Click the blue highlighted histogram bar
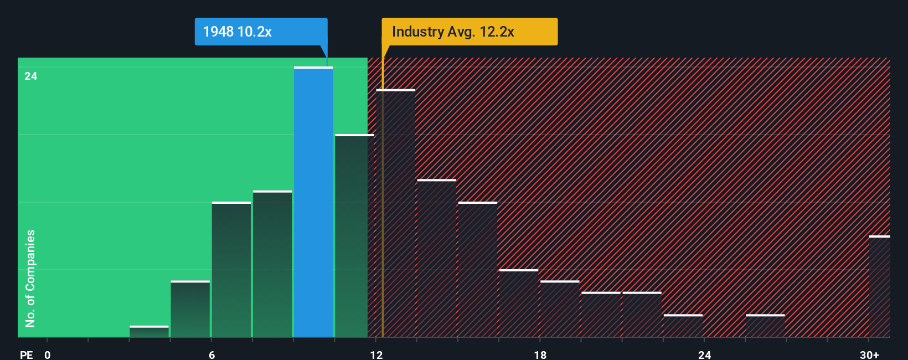(313, 202)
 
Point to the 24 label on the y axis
(31, 76)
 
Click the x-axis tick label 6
(211, 354)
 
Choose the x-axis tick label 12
(376, 354)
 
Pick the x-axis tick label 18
(540, 354)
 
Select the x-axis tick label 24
(704, 354)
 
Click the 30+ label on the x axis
(869, 354)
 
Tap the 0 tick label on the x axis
(48, 354)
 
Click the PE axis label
(27, 354)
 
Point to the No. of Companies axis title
(30, 278)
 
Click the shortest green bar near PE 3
(149, 331)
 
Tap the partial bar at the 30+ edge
(879, 286)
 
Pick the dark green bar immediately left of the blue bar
(272, 264)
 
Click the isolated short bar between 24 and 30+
(765, 326)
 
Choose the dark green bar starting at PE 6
(231, 269)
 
